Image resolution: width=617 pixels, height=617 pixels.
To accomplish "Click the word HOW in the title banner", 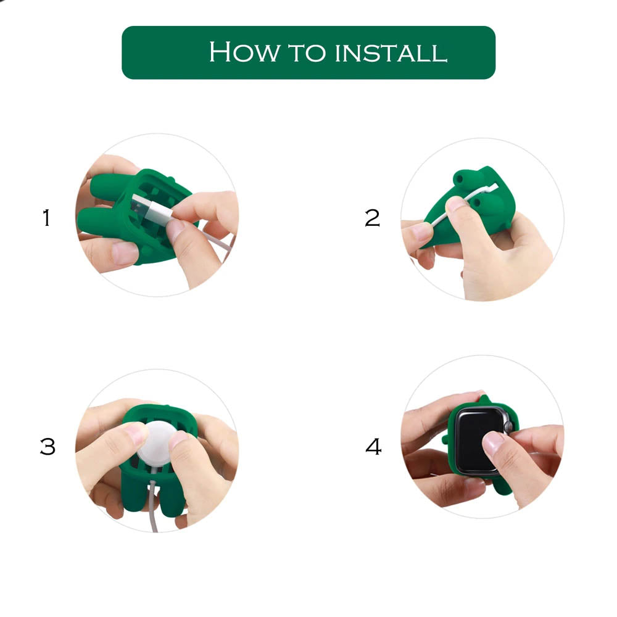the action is [245, 52].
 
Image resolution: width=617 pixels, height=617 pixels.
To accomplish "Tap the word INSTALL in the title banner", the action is [391, 53].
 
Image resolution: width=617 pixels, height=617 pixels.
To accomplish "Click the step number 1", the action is [46, 218].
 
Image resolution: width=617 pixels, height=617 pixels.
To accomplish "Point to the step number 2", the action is [372, 218].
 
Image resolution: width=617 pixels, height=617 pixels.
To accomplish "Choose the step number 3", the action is [48, 447].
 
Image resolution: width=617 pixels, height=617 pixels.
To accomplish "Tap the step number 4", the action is [373, 447].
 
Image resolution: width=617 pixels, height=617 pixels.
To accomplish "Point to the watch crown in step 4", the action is [508, 426].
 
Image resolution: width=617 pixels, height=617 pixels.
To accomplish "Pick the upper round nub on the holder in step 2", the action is [460, 178].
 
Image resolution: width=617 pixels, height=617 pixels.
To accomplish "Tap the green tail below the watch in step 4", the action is [502, 486].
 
